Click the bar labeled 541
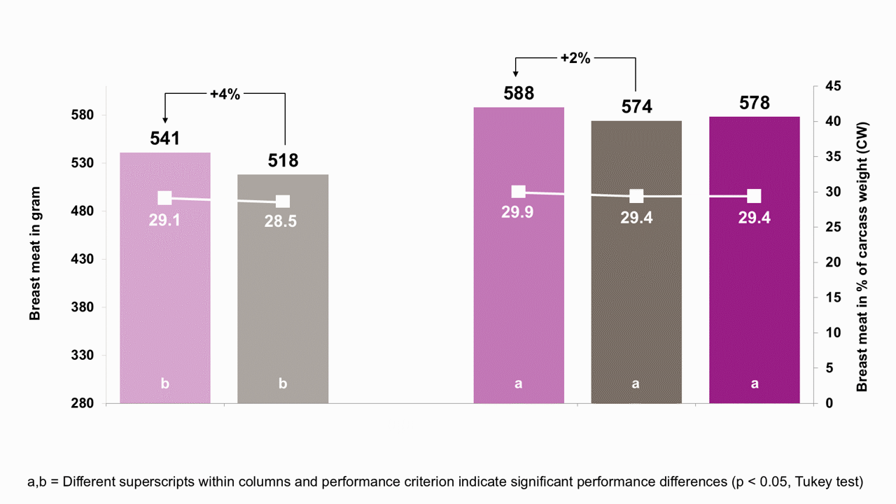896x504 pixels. [x=165, y=278]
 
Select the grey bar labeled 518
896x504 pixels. [x=283, y=289]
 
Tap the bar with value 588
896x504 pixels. [x=519, y=255]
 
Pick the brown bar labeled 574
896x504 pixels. [x=636, y=262]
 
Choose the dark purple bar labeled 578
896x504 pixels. [x=755, y=260]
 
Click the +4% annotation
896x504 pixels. [x=225, y=94]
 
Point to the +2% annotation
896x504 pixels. [x=575, y=58]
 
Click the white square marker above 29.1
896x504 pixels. [x=164, y=197]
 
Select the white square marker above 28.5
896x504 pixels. [x=283, y=202]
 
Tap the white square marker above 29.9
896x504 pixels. [x=519, y=192]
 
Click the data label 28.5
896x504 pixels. [x=281, y=221]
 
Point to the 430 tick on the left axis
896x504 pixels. [x=83, y=259]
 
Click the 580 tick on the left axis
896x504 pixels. [x=83, y=115]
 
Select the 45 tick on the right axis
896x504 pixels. [x=833, y=86]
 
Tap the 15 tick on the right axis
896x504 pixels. [x=833, y=297]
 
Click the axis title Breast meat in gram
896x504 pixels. [x=35, y=253]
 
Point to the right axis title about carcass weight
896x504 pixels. [x=862, y=257]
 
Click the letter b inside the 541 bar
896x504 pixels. [x=164, y=384]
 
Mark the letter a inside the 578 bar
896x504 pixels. [x=755, y=384]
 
